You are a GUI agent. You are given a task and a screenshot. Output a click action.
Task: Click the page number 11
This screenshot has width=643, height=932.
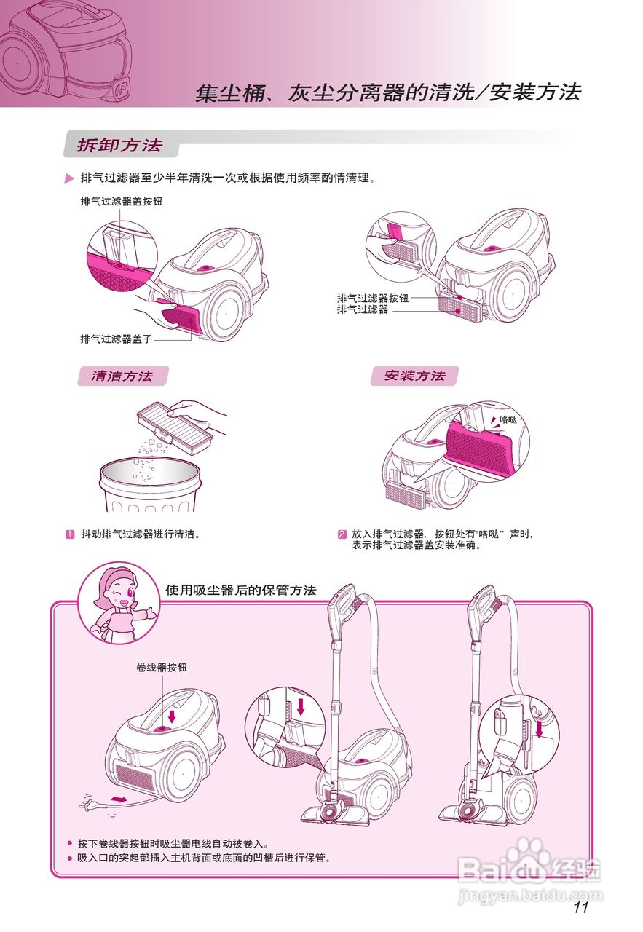[x=580, y=907]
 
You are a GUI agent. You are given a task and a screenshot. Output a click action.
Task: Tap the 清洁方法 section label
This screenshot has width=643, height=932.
[x=122, y=376]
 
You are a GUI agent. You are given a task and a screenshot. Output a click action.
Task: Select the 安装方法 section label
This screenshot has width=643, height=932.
[x=414, y=376]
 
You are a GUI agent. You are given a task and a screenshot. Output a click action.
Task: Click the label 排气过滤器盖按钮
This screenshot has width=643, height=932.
[x=121, y=202]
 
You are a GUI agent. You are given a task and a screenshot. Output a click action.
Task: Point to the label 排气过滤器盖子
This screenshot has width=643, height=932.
[x=117, y=339]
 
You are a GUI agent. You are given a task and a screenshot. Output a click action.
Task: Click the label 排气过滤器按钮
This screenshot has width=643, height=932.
[x=372, y=299]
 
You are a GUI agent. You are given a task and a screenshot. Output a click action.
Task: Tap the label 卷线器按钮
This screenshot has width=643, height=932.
[x=162, y=667]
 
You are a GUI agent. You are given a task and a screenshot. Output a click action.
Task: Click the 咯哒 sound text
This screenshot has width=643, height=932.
[x=508, y=420]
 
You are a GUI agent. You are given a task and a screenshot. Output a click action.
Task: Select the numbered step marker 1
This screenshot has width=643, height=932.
[x=71, y=534]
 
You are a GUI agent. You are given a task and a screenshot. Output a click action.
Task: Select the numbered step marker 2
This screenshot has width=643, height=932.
[x=342, y=534]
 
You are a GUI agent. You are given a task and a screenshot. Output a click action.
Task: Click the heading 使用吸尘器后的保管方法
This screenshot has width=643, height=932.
[x=240, y=590]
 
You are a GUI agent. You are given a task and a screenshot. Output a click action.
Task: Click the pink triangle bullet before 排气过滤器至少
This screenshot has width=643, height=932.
[x=70, y=179]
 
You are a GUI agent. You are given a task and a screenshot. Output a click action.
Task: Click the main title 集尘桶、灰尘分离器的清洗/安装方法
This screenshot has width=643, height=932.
[x=387, y=93]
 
